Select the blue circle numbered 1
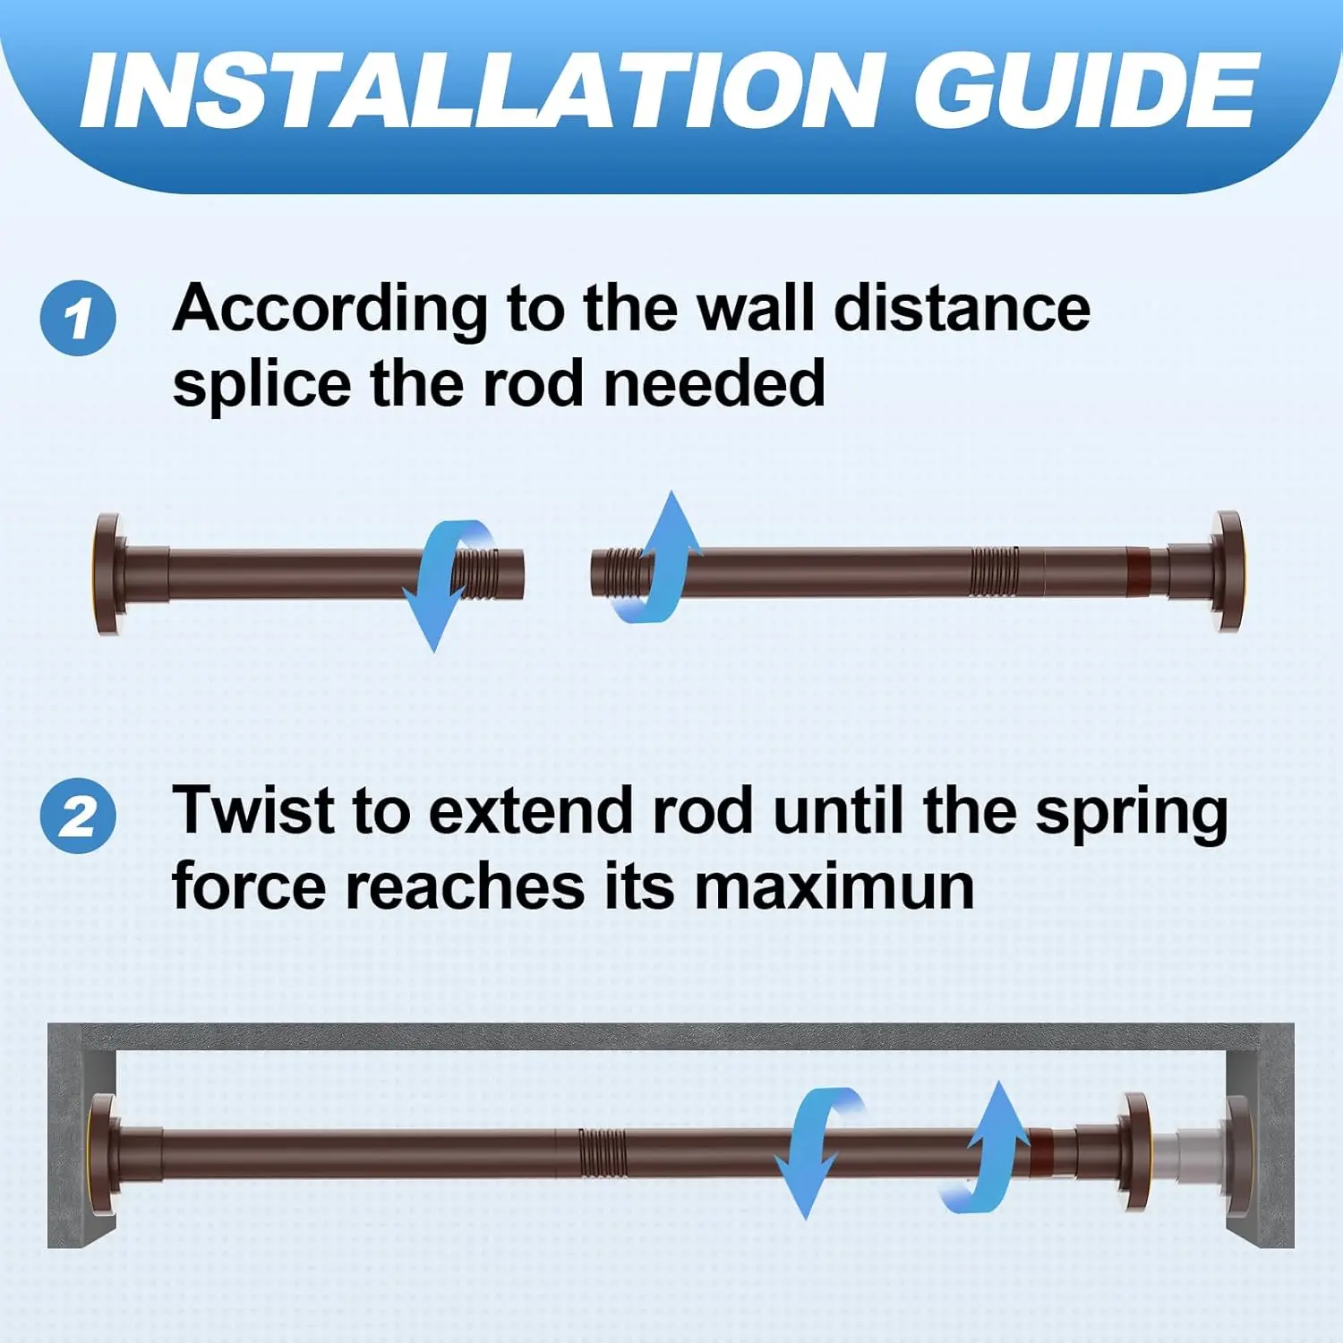(x=78, y=318)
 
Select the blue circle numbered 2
(x=78, y=816)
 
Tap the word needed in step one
(x=714, y=384)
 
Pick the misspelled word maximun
(x=834, y=887)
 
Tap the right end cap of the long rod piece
(x=1226, y=571)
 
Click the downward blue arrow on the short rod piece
(x=439, y=582)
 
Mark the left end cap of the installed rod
(x=103, y=1153)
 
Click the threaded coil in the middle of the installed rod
(x=602, y=1152)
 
